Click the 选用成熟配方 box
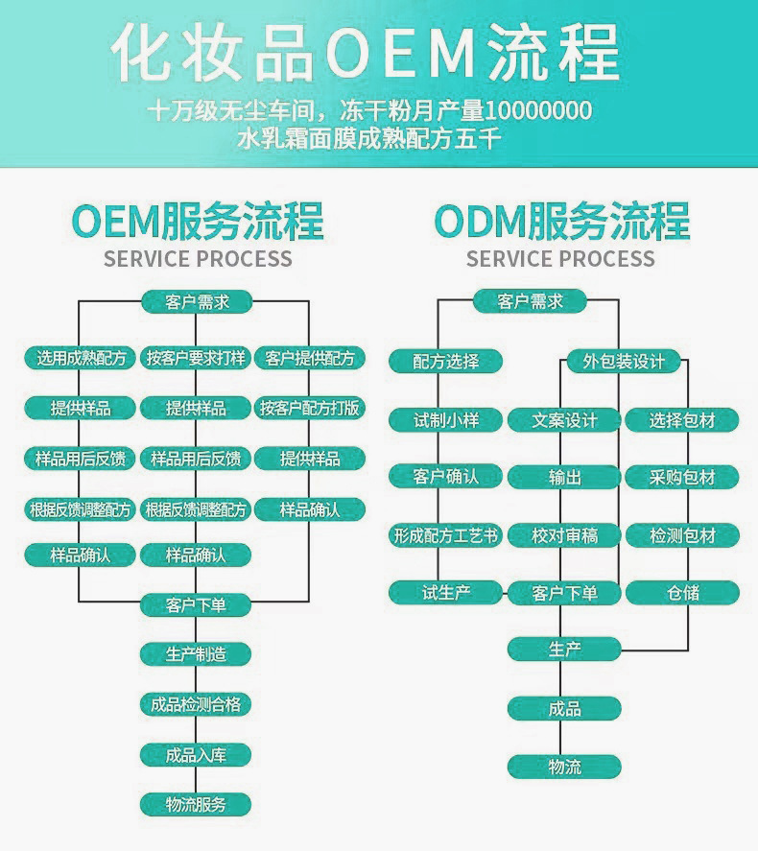tap(81, 359)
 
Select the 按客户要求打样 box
tap(196, 359)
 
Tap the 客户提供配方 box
tap(310, 359)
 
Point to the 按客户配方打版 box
tap(310, 409)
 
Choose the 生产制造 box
tap(196, 654)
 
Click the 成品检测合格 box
tap(196, 704)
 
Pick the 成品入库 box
tap(196, 754)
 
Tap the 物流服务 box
tap(196, 804)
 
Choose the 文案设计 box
tap(565, 419)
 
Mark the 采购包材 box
tap(682, 477)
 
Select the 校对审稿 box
tap(565, 535)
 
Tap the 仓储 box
tap(682, 593)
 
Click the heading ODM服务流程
tap(561, 221)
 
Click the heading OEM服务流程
tap(198, 221)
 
